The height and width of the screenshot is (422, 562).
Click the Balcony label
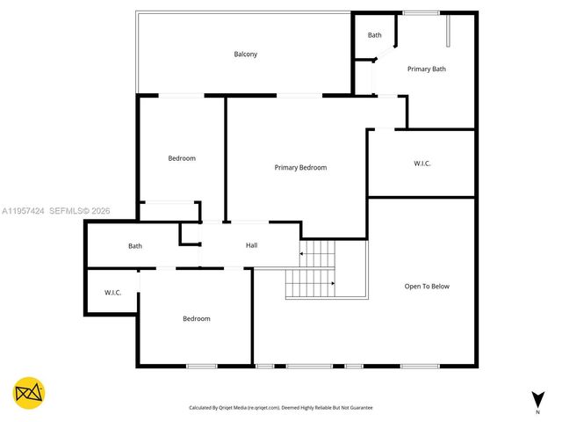coord(245,55)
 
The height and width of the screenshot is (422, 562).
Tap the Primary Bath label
coord(426,69)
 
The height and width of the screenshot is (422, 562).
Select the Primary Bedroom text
coord(300,167)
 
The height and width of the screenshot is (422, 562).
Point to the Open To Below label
coord(426,286)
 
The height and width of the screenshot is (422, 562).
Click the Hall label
coord(251,245)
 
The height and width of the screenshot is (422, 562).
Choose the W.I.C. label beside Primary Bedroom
coord(421,164)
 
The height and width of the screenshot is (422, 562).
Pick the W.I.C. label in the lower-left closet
coord(112,293)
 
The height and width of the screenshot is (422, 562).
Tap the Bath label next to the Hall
coord(135,246)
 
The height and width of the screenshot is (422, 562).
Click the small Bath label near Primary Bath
coord(375,35)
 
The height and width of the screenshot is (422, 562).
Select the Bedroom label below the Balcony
coord(182,158)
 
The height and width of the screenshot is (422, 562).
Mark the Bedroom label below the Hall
coord(196,318)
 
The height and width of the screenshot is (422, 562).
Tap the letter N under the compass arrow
coord(537,411)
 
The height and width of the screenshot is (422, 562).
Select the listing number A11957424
coord(23,211)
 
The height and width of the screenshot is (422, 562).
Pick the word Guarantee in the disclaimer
coord(358,408)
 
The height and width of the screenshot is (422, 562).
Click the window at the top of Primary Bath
coord(421,12)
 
